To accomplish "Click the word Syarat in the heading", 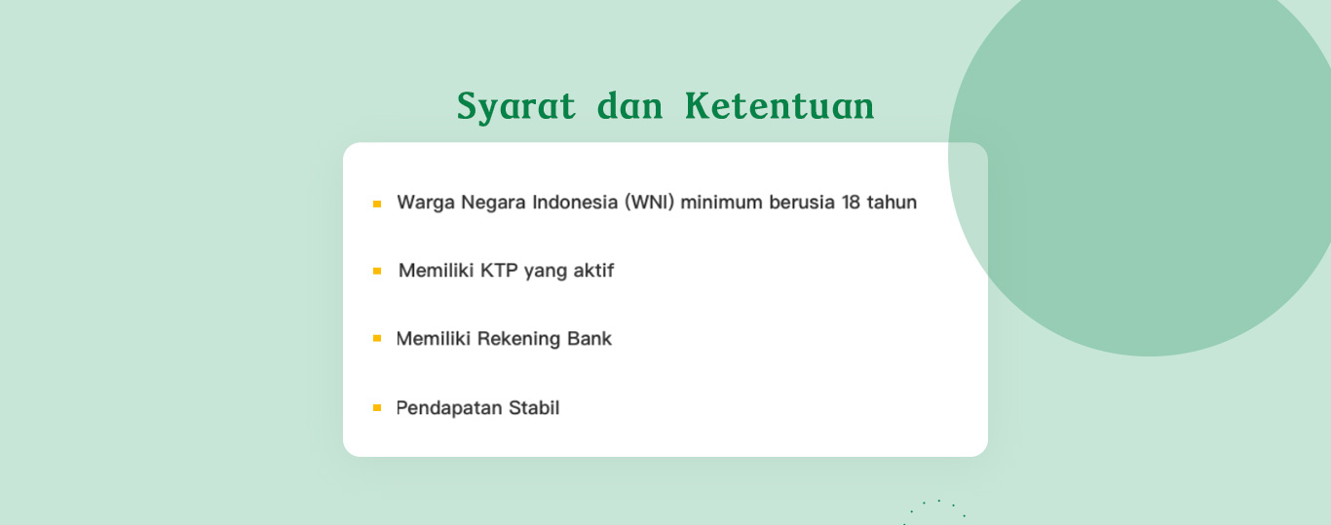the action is (x=515, y=107).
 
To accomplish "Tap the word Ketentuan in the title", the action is (x=780, y=106).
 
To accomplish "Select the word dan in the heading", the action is (x=629, y=106).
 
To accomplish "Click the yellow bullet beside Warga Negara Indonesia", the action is (x=377, y=204).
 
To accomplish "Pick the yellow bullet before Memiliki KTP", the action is (x=377, y=272).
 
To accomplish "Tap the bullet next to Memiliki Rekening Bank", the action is (x=377, y=339).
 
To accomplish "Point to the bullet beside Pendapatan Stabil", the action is (x=377, y=407).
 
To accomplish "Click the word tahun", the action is (x=892, y=203).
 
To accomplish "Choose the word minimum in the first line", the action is (x=721, y=203).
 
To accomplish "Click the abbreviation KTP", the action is (x=499, y=271).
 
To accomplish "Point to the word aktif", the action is (x=593, y=271).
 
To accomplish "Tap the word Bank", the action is (x=589, y=339).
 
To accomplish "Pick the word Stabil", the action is (x=534, y=408).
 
